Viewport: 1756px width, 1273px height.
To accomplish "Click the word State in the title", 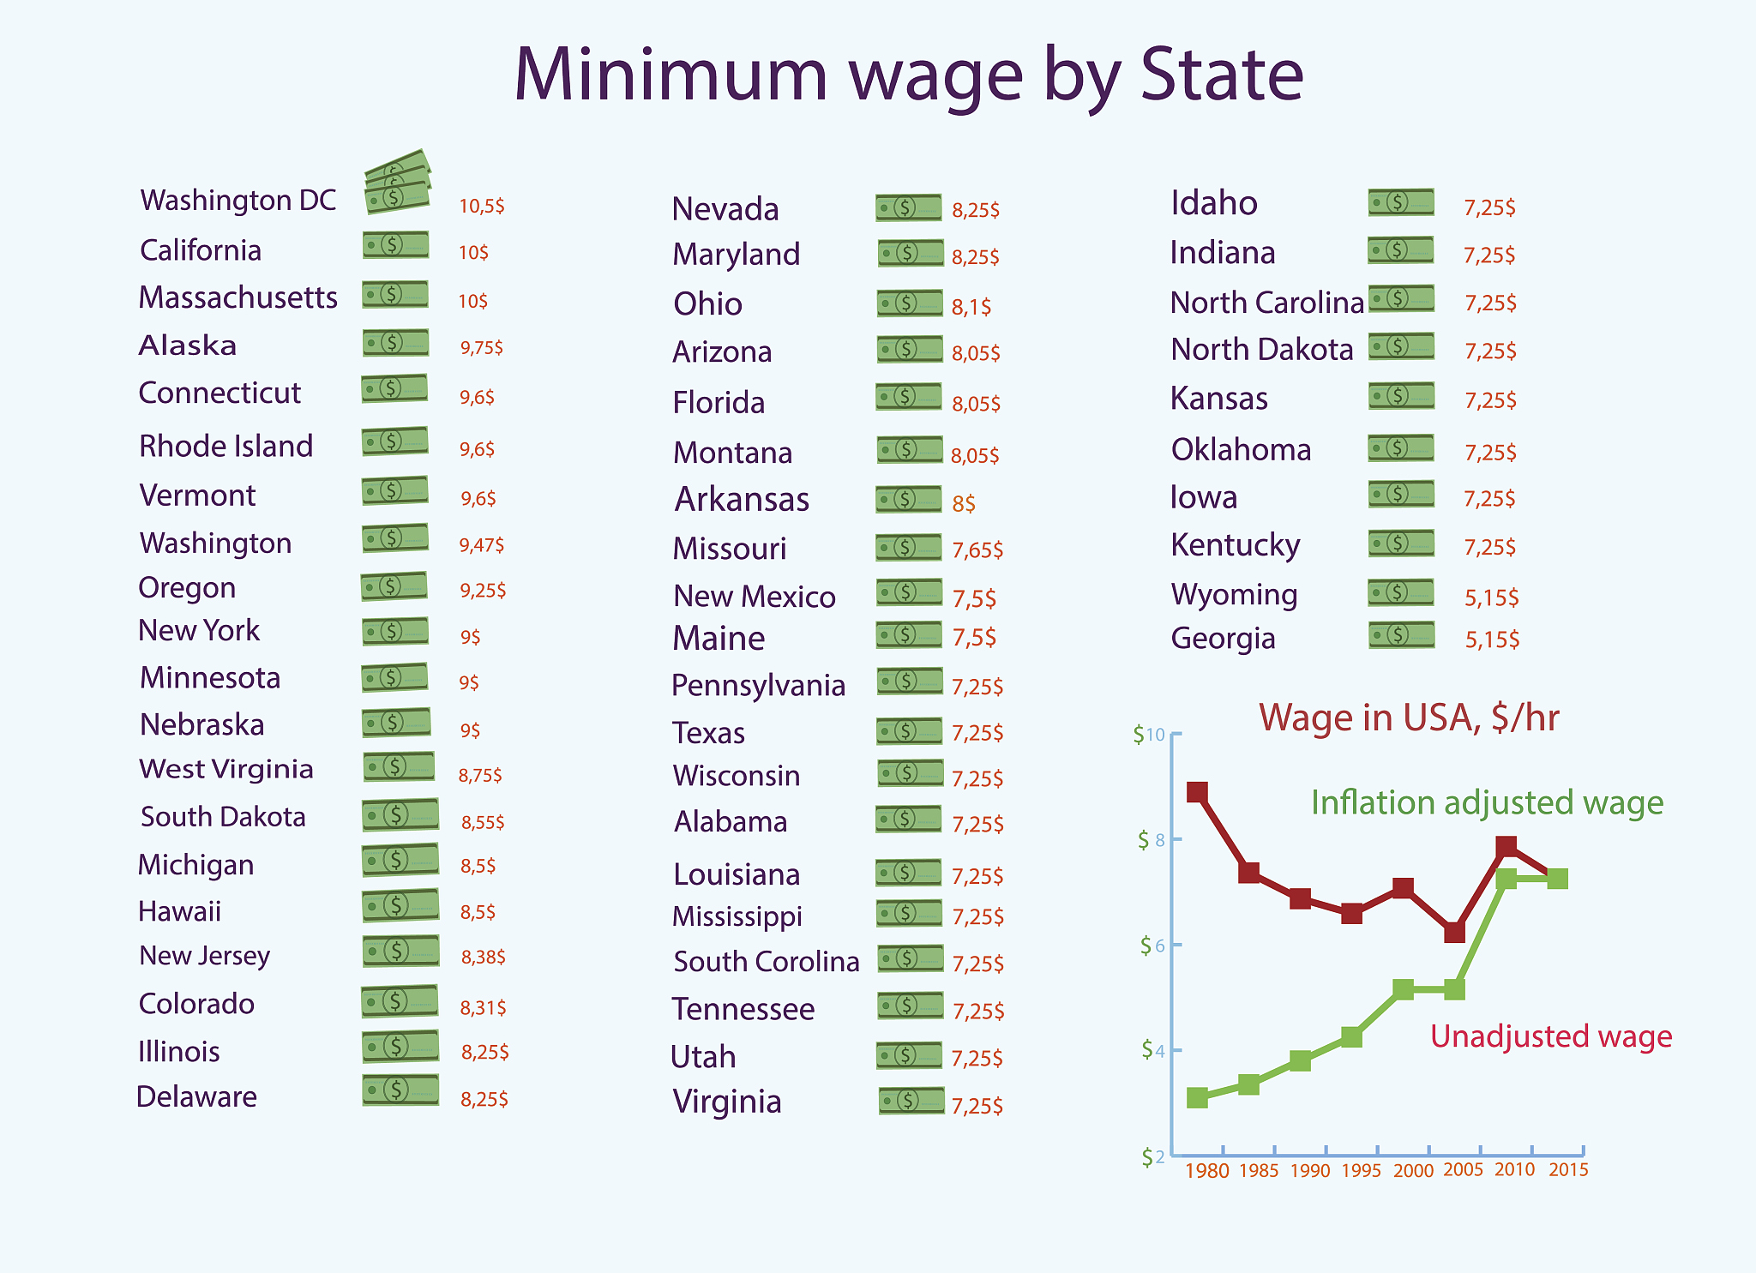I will click(x=1222, y=75).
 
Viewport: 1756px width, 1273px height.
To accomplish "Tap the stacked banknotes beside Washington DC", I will click(x=396, y=183).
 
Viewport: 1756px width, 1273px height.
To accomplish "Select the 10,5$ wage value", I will click(x=481, y=206).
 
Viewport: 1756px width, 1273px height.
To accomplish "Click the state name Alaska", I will click(x=188, y=345).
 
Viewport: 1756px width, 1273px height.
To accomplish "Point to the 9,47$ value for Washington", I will click(x=481, y=544).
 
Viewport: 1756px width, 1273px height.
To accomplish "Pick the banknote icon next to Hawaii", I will click(x=400, y=905).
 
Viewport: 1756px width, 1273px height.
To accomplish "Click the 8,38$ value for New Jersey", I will click(x=483, y=957).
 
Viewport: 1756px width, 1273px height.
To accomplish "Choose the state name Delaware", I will click(x=196, y=1097).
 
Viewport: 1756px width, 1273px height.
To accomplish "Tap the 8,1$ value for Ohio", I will click(x=971, y=306).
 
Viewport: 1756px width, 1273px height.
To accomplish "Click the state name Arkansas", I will click(x=742, y=500).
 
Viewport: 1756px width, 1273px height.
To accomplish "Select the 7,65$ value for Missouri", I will click(x=977, y=549).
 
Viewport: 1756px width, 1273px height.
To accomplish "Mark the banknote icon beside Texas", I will click(x=909, y=730).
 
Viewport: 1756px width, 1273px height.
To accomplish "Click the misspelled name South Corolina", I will click(x=766, y=962).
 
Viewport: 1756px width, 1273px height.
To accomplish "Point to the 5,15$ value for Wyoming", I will click(x=1491, y=597).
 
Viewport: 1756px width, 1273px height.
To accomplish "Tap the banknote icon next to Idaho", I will click(x=1400, y=202).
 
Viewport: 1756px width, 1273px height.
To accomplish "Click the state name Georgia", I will click(x=1223, y=639).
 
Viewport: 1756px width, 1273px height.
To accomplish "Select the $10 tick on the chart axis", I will click(x=1149, y=735).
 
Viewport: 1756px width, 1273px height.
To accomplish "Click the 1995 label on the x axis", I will click(x=1361, y=1171).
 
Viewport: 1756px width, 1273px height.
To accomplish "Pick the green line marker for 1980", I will click(x=1197, y=1097).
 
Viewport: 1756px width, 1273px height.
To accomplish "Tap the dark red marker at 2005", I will click(x=1454, y=932).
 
